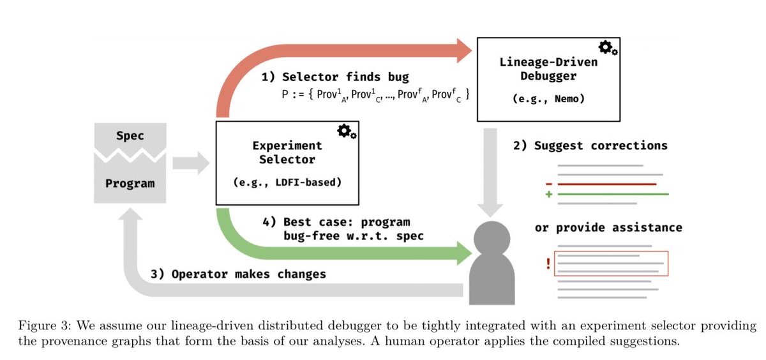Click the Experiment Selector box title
coord(287,152)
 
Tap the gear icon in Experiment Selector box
coord(347,131)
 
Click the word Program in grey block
coord(130,183)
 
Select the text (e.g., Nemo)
coord(548,100)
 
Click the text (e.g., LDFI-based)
coord(287,183)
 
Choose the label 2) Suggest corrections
coord(590,146)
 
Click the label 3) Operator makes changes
coord(239,274)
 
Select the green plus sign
coord(548,194)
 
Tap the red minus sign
coord(548,184)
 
